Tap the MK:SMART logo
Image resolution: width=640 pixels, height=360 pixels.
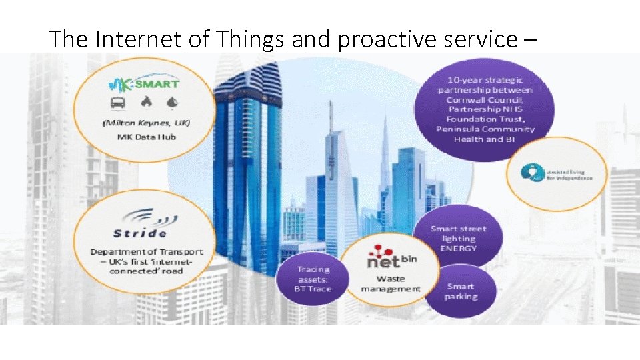coord(143,85)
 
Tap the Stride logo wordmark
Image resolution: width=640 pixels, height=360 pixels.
coord(139,233)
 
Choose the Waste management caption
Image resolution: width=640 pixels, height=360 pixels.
coord(391,284)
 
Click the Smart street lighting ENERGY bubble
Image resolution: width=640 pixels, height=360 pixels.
coord(459,238)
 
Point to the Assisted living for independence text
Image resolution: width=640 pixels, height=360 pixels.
coord(570,175)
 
